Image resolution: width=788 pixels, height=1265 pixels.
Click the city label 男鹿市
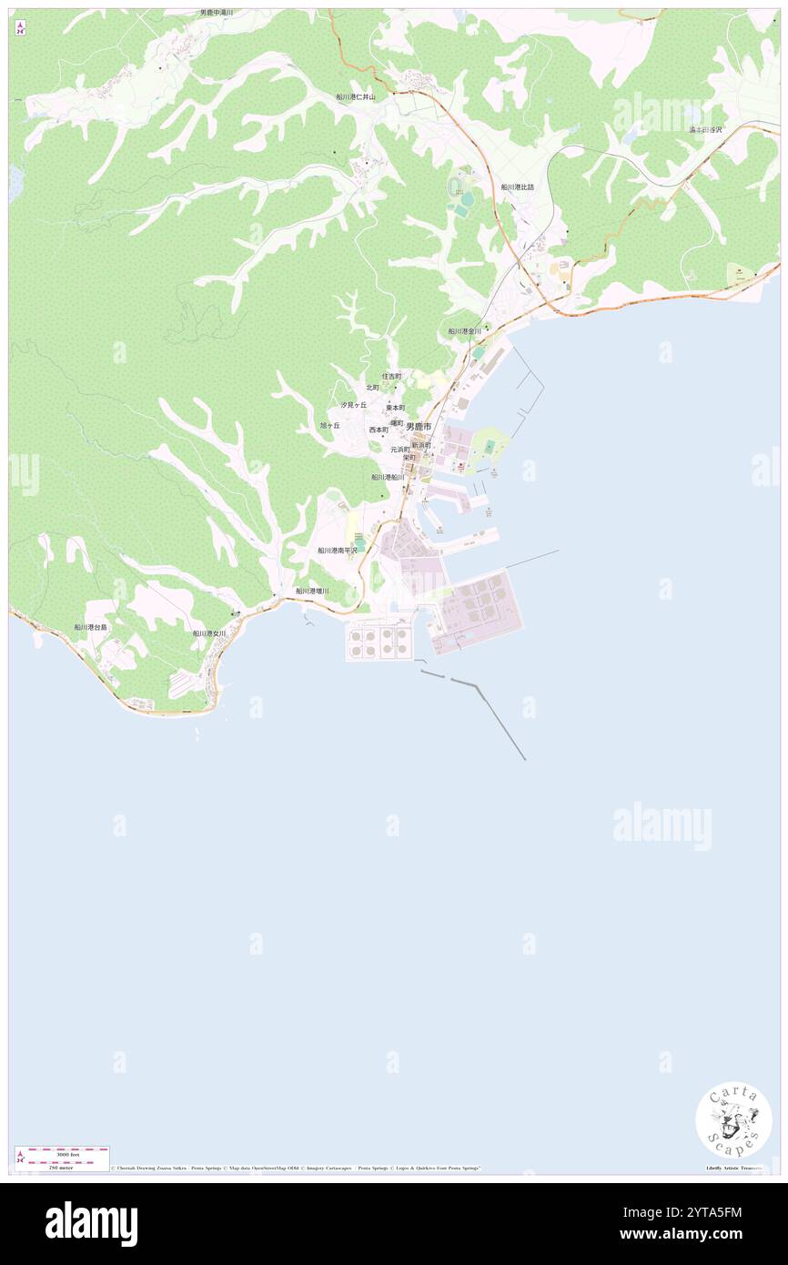coord(419,426)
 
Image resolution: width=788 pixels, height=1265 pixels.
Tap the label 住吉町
coord(391,376)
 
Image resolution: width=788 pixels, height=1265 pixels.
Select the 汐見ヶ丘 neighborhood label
coord(354,405)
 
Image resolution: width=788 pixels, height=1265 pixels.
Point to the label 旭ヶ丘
coord(329,425)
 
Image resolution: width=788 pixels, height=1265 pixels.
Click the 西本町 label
coord(379,430)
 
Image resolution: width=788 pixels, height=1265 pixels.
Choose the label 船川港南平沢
coord(338,551)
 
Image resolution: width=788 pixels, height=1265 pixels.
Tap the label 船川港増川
coord(312,592)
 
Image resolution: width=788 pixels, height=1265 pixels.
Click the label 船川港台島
coord(91,627)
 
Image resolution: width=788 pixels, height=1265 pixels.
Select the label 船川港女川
coord(209,633)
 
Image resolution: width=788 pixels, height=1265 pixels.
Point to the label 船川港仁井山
coord(355,96)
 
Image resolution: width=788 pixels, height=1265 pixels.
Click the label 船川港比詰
coord(517,187)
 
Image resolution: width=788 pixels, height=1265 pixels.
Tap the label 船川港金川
coord(464,331)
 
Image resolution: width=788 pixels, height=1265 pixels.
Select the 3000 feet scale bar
coord(63,1151)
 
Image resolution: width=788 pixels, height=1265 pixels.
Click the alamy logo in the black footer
coord(91,1223)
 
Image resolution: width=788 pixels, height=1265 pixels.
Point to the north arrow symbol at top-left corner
coord(20,26)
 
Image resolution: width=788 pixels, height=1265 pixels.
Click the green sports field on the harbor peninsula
coord(490,447)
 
